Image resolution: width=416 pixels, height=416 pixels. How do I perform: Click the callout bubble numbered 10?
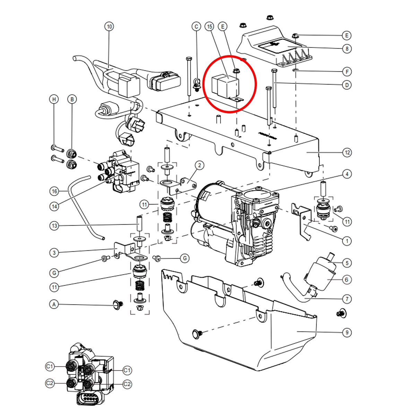coord(109,26)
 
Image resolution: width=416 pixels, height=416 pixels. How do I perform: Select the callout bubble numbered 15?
coord(209,26)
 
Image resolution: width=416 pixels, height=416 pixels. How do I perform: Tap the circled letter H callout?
coord(54,99)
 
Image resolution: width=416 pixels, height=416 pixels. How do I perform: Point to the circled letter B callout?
coord(72,99)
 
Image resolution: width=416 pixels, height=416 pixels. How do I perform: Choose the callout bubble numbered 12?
coord(347,153)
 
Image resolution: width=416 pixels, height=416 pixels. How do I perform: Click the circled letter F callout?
coord(347,72)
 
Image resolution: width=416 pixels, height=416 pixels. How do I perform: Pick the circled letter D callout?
coord(347,85)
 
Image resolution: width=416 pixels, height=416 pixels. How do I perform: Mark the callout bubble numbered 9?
coord(347,332)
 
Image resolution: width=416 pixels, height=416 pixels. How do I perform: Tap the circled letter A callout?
coord(54,304)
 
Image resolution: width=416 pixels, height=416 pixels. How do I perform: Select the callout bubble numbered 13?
coord(54,226)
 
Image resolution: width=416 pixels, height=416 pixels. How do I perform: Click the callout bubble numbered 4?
coord(347,174)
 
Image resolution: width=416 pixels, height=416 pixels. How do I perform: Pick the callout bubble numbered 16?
coord(54,191)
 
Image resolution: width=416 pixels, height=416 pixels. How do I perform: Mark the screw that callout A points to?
coord(118,305)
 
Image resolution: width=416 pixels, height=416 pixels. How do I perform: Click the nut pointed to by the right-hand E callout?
coord(295,35)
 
